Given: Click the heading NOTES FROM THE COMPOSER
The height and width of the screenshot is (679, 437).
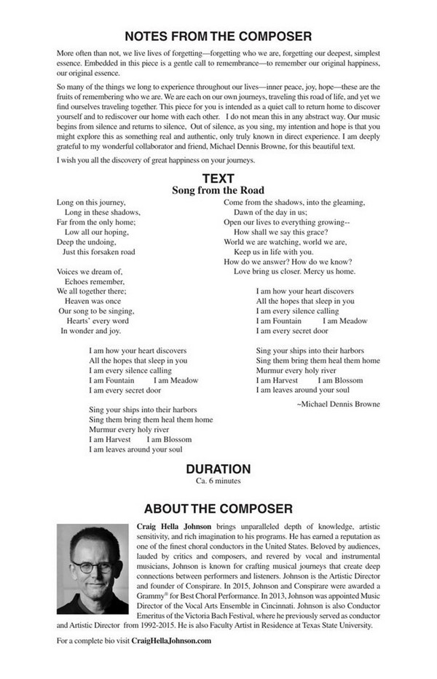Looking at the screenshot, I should (x=218, y=36).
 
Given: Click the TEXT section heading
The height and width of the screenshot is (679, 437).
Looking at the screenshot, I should (x=218, y=178).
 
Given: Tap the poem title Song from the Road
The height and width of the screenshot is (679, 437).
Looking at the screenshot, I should (x=218, y=191).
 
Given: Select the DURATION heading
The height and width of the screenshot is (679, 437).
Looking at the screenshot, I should (x=218, y=469).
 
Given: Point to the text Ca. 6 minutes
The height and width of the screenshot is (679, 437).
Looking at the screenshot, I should (x=218, y=482).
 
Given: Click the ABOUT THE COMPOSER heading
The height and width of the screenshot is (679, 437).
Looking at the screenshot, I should (x=218, y=509).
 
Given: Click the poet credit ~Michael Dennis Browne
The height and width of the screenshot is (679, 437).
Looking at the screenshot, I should (x=339, y=403).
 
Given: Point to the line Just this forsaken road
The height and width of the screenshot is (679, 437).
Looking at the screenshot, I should (x=98, y=252).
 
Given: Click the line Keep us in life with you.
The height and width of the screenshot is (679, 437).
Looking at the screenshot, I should (x=273, y=251).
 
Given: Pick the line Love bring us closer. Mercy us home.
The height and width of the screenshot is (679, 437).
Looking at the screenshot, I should (x=294, y=271).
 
